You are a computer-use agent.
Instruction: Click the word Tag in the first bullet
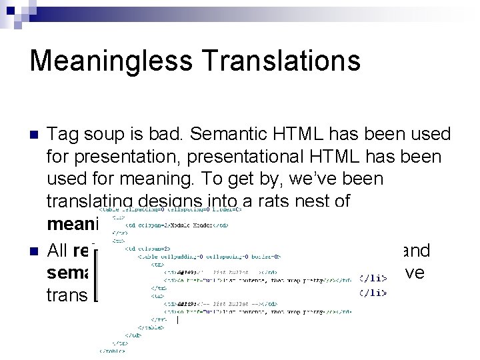point(65,135)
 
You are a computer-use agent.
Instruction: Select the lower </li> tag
point(373,292)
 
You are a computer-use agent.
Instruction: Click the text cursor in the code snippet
point(177,320)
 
